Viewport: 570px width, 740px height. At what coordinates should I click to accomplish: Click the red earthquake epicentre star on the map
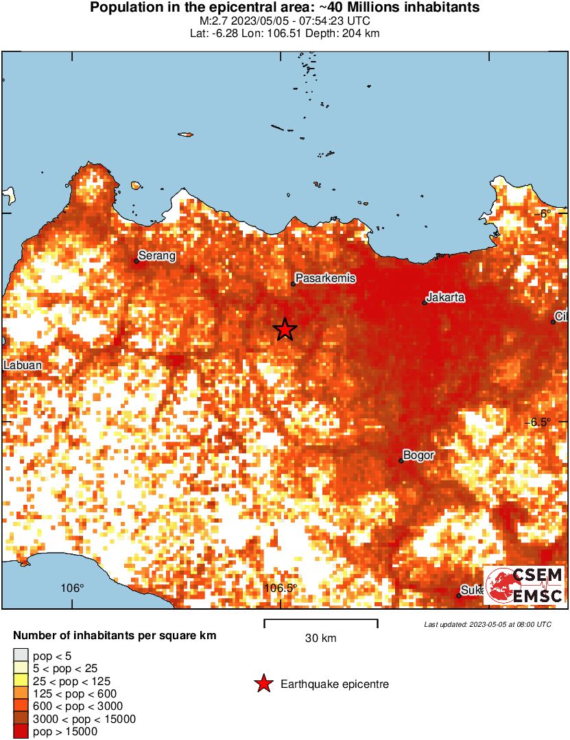click(x=285, y=330)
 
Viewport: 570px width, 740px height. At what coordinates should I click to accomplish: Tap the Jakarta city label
click(x=446, y=298)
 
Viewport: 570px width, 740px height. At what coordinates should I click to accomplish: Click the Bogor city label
click(x=418, y=455)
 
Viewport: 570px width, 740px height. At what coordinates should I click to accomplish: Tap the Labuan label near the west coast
click(x=23, y=366)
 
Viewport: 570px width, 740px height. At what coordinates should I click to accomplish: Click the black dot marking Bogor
click(x=401, y=461)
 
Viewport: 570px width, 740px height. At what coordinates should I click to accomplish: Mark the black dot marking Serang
click(x=136, y=261)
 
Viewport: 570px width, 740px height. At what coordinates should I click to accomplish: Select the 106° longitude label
click(x=72, y=588)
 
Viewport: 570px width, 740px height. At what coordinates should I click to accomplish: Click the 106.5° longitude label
click(x=281, y=588)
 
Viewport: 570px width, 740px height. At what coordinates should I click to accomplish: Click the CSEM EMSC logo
click(x=525, y=585)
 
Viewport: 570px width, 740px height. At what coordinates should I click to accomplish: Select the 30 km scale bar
click(x=321, y=623)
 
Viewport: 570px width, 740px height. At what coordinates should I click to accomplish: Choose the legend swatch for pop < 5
click(x=21, y=656)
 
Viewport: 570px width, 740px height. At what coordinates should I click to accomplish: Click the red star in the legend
click(x=263, y=684)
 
